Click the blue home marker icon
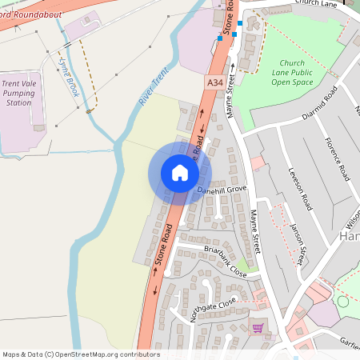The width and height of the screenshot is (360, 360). pos(180,173)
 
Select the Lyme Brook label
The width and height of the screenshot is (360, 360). pos(68,75)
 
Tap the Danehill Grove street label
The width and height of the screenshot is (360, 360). pos(223,190)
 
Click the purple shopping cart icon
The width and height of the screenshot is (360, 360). pos(258,327)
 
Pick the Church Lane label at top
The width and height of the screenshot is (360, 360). pos(318,3)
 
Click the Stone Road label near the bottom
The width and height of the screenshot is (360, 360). pos(164,244)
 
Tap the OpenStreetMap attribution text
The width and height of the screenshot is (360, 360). pos(81,354)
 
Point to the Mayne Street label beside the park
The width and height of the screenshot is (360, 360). pos(231,96)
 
